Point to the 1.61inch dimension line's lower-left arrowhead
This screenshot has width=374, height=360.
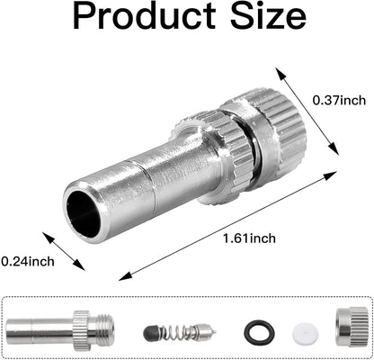pos(122,275)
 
